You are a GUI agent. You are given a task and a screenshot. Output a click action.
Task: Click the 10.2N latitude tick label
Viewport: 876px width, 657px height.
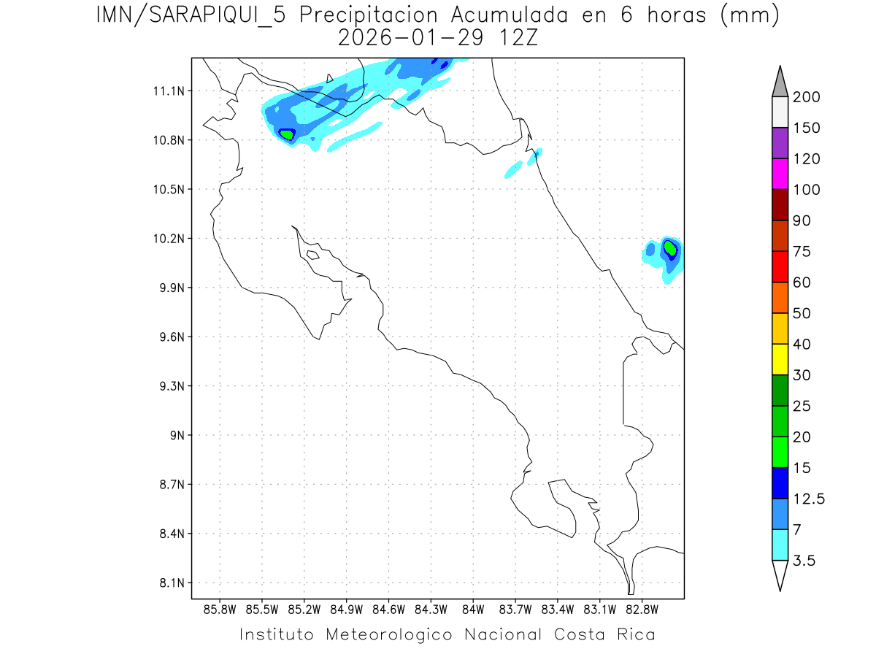(166, 239)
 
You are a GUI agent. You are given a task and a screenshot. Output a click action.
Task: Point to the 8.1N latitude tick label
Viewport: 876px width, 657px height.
(166, 583)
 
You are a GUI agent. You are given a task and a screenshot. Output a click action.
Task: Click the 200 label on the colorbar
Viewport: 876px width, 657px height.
(806, 97)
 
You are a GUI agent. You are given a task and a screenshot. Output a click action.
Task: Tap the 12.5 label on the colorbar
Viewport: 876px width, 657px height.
(809, 499)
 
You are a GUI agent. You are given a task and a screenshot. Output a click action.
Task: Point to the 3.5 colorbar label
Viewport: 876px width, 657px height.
(804, 561)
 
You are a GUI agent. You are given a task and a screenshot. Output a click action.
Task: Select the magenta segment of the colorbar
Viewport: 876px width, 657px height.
(780, 174)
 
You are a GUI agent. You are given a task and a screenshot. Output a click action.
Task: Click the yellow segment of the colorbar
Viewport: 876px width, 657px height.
(780, 359)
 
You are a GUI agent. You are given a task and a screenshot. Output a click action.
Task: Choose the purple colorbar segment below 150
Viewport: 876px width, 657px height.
(780, 143)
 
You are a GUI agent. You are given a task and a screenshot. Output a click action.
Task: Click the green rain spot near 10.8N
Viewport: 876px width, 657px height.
(287, 134)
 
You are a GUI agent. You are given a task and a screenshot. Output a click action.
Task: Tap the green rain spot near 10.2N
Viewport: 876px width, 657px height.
(669, 248)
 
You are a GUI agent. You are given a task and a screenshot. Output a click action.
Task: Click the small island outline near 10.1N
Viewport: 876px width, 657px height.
(312, 255)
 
